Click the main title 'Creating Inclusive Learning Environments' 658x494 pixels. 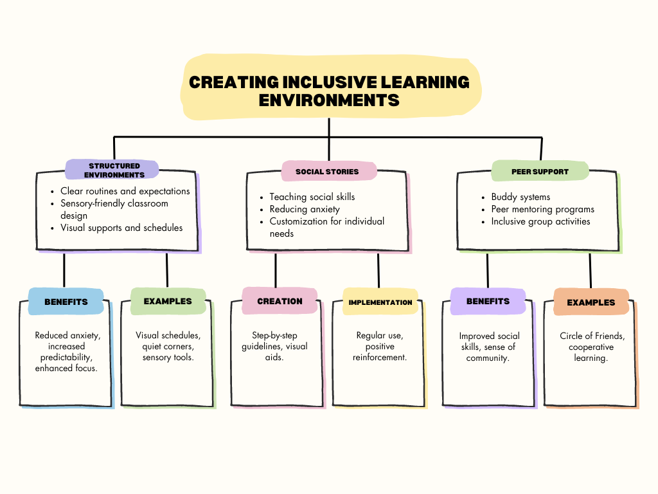click(x=329, y=91)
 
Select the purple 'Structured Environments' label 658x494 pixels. click(x=114, y=170)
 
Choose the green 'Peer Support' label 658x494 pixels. click(x=540, y=172)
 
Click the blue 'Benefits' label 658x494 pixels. click(x=66, y=302)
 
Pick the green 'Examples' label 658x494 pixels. click(x=168, y=301)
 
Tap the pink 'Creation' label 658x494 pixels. click(x=280, y=301)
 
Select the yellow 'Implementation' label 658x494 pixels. click(x=380, y=302)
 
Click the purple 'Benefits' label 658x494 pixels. click(x=488, y=301)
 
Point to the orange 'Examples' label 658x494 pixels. click(x=591, y=302)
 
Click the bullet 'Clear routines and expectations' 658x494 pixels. click(x=125, y=191)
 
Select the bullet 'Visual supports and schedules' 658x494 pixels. click(x=121, y=228)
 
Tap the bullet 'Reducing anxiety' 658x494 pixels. click(x=305, y=209)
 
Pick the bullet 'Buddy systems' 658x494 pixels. click(x=520, y=197)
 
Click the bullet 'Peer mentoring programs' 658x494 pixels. click(x=542, y=209)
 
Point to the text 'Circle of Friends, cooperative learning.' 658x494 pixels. click(x=592, y=347)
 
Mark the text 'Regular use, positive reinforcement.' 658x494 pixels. click(x=380, y=346)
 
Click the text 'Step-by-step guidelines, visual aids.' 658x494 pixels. click(x=279, y=346)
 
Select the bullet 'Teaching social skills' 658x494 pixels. click(x=312, y=197)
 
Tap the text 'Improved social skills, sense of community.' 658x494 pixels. click(x=489, y=347)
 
